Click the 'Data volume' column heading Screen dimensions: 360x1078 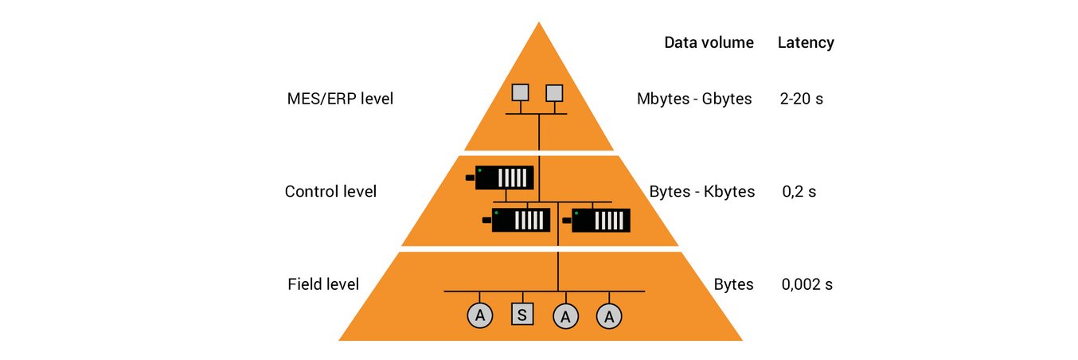click(709, 43)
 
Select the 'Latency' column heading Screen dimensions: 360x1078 click(806, 43)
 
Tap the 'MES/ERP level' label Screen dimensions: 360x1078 click(340, 100)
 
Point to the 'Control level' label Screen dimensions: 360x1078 click(330, 192)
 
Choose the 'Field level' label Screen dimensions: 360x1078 click(323, 284)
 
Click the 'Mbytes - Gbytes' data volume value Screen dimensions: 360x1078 click(694, 100)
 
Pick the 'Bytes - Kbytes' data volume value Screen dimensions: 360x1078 click(701, 192)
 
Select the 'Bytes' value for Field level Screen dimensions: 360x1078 click(733, 284)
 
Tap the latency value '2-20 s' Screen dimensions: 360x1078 click(802, 100)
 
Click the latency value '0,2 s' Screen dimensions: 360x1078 click(799, 192)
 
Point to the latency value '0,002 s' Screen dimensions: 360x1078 click(807, 284)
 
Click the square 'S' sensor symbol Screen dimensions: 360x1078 click(521, 315)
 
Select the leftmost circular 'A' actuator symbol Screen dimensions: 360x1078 click(479, 315)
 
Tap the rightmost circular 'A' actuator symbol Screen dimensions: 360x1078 click(609, 315)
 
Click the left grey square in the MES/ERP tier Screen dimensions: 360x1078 click(520, 92)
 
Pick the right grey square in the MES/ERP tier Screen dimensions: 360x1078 click(554, 92)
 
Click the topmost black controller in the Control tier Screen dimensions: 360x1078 click(503, 177)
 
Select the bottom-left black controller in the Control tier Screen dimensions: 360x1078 click(520, 220)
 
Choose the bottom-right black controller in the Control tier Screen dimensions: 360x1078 click(600, 220)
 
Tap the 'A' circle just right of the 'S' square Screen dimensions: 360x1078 click(565, 315)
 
